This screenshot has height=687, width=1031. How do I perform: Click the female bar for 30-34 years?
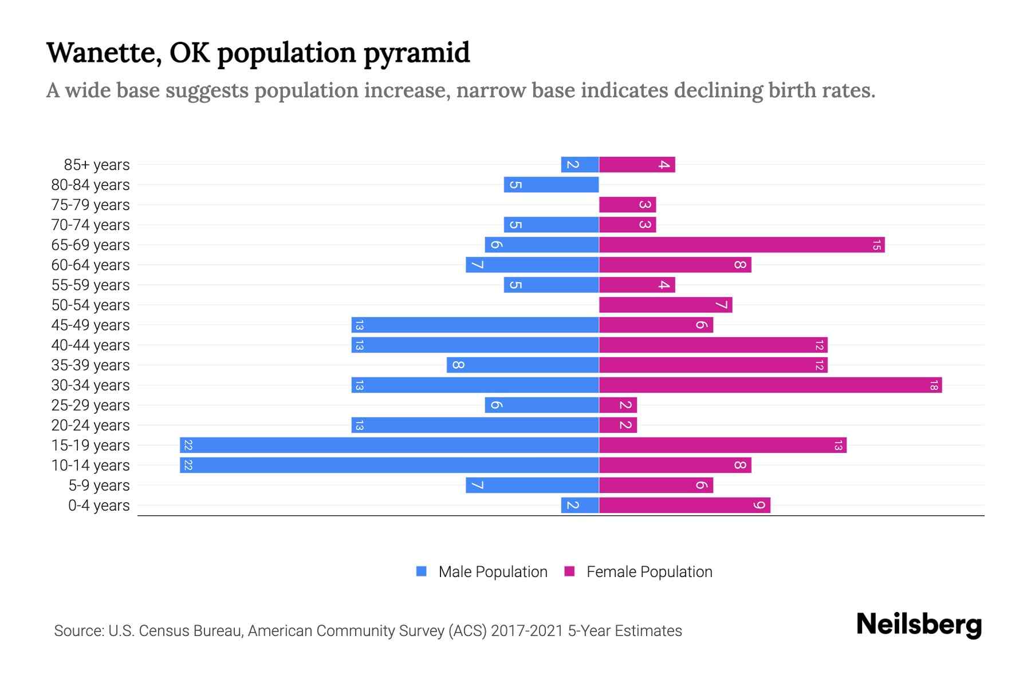770,385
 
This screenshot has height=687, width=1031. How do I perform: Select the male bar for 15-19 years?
389,445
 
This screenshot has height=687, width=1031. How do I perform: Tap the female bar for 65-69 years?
742,244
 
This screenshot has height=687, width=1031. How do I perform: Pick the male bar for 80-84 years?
551,184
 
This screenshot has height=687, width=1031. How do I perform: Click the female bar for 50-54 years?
666,305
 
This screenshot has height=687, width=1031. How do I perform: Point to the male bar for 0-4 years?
580,505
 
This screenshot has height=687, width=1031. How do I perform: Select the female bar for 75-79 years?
627,204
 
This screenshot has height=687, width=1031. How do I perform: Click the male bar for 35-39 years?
522,365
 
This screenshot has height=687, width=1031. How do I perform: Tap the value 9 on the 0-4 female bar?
760,505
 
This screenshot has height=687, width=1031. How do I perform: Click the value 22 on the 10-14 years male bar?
188,465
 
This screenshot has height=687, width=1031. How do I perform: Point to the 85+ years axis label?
96,165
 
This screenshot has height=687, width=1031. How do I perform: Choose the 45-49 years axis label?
90,325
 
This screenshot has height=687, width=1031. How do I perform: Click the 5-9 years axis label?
99,485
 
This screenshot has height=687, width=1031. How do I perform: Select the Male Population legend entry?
493,571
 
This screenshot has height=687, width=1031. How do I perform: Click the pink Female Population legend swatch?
569,571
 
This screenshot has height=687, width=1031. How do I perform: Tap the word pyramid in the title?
416,53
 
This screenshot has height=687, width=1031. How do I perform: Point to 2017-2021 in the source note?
526,631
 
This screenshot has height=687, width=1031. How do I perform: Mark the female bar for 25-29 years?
618,405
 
